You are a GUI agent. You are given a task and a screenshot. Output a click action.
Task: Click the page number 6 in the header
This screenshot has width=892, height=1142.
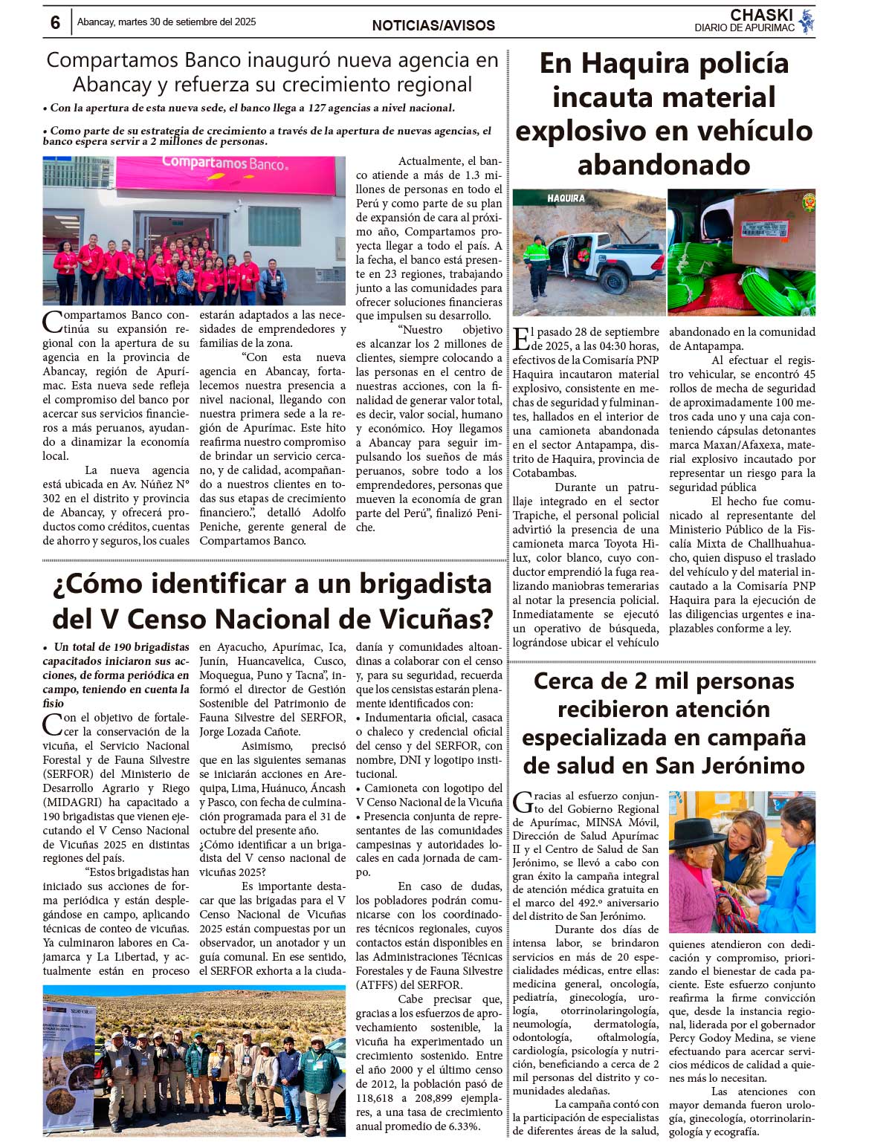(55, 22)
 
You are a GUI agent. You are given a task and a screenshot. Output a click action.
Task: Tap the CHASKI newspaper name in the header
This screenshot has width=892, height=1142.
(760, 16)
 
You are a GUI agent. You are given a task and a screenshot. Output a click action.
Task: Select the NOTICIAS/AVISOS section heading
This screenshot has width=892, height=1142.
(433, 25)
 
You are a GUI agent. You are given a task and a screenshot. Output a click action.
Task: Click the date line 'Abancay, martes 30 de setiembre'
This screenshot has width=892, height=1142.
(167, 22)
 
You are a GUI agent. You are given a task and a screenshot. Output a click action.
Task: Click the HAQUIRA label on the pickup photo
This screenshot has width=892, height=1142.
(566, 198)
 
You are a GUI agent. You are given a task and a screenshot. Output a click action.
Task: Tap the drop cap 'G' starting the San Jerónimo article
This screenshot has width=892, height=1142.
(522, 802)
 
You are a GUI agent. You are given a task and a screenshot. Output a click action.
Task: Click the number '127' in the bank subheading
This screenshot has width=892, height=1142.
(317, 108)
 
